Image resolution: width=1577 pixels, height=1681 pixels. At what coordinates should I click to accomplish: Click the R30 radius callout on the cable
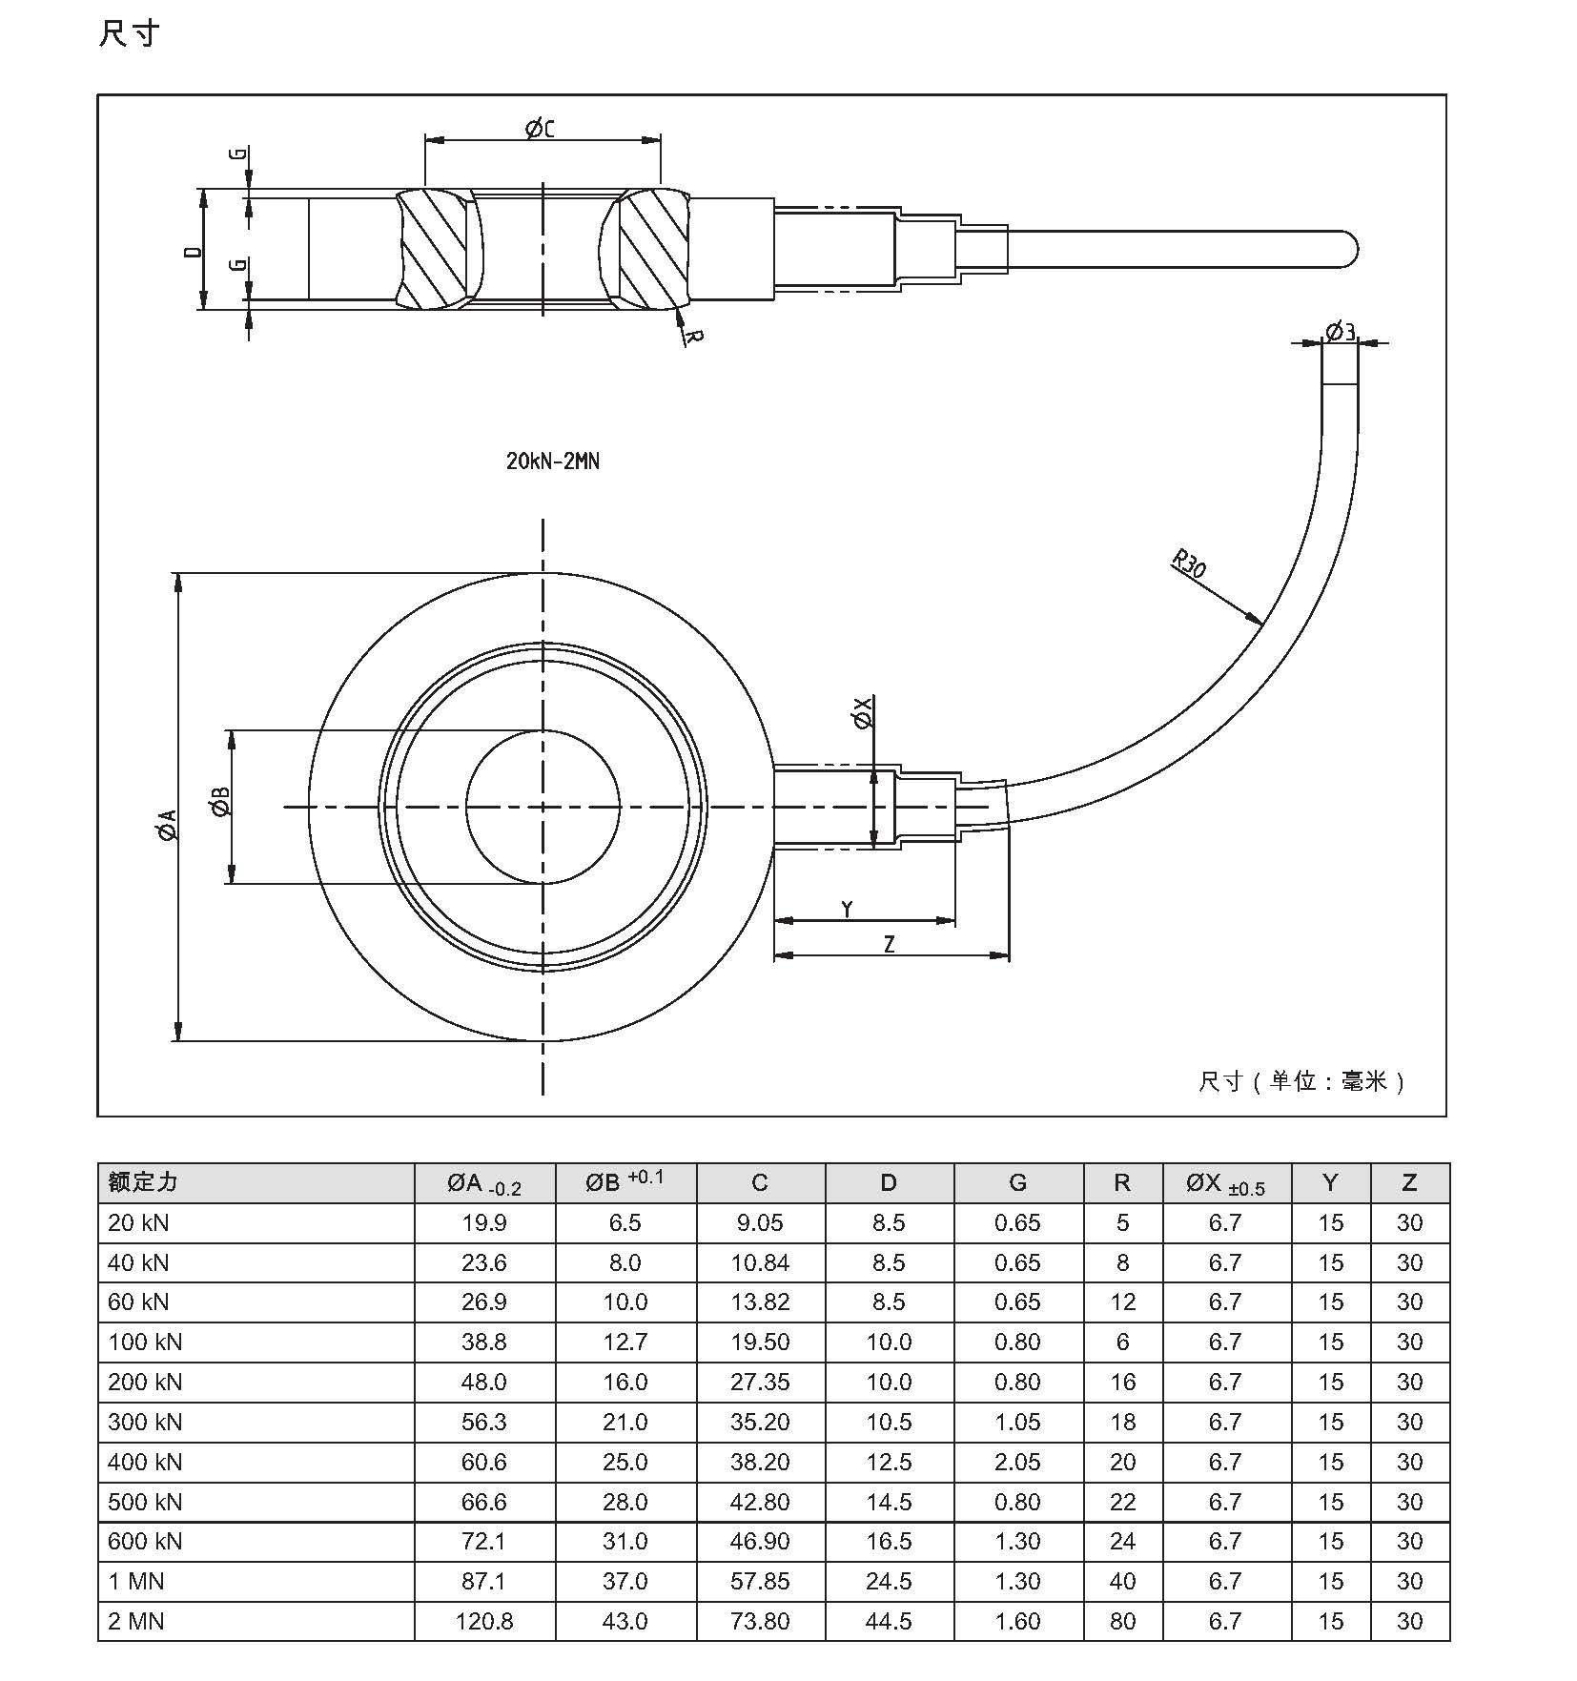pos(1189,564)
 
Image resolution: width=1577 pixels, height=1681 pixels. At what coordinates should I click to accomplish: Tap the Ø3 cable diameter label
pos(1340,331)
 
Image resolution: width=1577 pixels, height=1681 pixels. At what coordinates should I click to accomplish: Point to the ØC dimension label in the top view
pos(540,128)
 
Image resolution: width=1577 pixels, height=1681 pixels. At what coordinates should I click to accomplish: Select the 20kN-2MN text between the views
pos(553,461)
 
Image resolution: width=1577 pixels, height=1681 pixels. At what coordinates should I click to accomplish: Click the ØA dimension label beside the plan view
pos(167,826)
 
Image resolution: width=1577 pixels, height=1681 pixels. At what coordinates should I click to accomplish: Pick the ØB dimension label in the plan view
pos(220,802)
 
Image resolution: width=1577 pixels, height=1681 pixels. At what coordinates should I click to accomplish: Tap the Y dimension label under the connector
pos(847,910)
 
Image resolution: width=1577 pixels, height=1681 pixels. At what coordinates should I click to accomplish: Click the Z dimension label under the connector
pos(889,944)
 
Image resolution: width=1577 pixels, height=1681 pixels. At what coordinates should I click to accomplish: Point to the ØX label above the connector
pos(863,713)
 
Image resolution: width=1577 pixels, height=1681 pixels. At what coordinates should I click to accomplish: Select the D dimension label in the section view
pos(194,252)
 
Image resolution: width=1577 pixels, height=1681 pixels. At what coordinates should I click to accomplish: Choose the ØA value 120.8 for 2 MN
pos(484,1621)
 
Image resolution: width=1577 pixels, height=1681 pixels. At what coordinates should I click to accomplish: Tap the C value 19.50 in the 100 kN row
pos(760,1343)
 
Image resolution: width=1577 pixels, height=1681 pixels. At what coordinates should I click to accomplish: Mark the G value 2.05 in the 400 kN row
pos(1017,1462)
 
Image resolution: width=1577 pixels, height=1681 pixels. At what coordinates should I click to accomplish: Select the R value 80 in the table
pos(1122,1621)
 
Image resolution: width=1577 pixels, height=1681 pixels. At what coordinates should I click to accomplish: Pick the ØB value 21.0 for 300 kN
pos(625,1422)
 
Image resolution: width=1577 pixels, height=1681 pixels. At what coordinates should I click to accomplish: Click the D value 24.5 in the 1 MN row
pos(889,1581)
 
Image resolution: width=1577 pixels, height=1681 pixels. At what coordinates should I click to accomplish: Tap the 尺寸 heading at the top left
pos(129,34)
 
